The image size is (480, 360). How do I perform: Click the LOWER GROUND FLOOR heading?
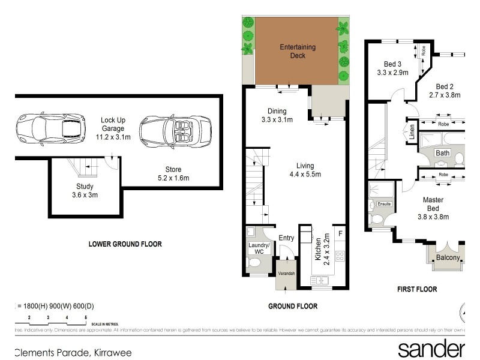pyautogui.click(x=125, y=244)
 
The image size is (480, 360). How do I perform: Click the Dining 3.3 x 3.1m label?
pyautogui.click(x=277, y=115)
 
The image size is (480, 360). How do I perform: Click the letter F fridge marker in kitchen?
pyautogui.click(x=340, y=233)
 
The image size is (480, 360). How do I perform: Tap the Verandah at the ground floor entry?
pyautogui.click(x=286, y=274)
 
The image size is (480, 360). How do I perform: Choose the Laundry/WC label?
pyautogui.click(x=259, y=248)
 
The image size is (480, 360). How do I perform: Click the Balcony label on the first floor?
pyautogui.click(x=448, y=258)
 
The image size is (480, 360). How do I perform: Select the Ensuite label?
pyautogui.click(x=384, y=205)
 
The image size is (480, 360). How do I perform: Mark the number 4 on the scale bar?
pyautogui.click(x=67, y=316)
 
